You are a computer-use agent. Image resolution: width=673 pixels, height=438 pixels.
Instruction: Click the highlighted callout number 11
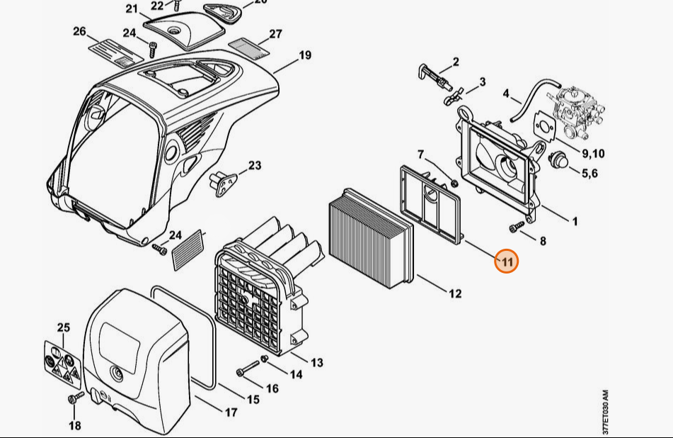pos(507,261)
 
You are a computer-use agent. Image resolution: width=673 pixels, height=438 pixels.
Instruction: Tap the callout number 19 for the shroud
pos(304,55)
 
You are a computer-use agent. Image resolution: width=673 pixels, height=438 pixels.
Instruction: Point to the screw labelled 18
pos(71,401)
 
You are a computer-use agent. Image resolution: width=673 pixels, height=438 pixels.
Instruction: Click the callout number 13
pos(316,362)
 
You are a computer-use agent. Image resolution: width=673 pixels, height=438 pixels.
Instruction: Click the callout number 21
pos(132,9)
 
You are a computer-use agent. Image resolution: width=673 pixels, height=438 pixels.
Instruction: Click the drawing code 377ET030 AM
pos(605,412)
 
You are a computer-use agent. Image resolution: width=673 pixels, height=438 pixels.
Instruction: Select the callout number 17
pos(231,412)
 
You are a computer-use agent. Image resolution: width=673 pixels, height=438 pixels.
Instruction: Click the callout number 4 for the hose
pos(507,93)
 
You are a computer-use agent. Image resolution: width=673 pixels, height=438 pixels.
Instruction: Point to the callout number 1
pos(575,221)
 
